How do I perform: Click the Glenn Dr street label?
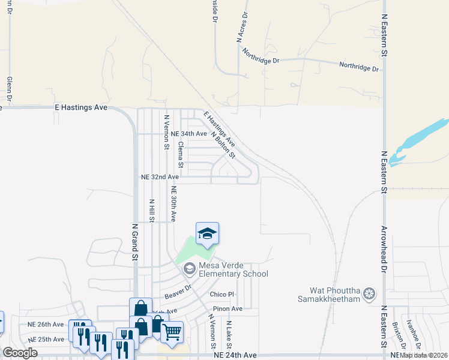[x=10, y=89]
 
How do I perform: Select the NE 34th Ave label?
[x=188, y=133]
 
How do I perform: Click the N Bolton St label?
[x=223, y=145]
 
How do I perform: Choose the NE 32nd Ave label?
[x=160, y=177]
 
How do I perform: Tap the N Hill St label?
[x=152, y=211]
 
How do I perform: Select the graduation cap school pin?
[x=207, y=233]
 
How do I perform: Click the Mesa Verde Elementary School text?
[x=234, y=269]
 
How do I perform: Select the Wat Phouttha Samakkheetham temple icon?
[x=369, y=293]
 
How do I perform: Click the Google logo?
[x=20, y=353]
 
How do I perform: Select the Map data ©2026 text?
[x=424, y=355]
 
